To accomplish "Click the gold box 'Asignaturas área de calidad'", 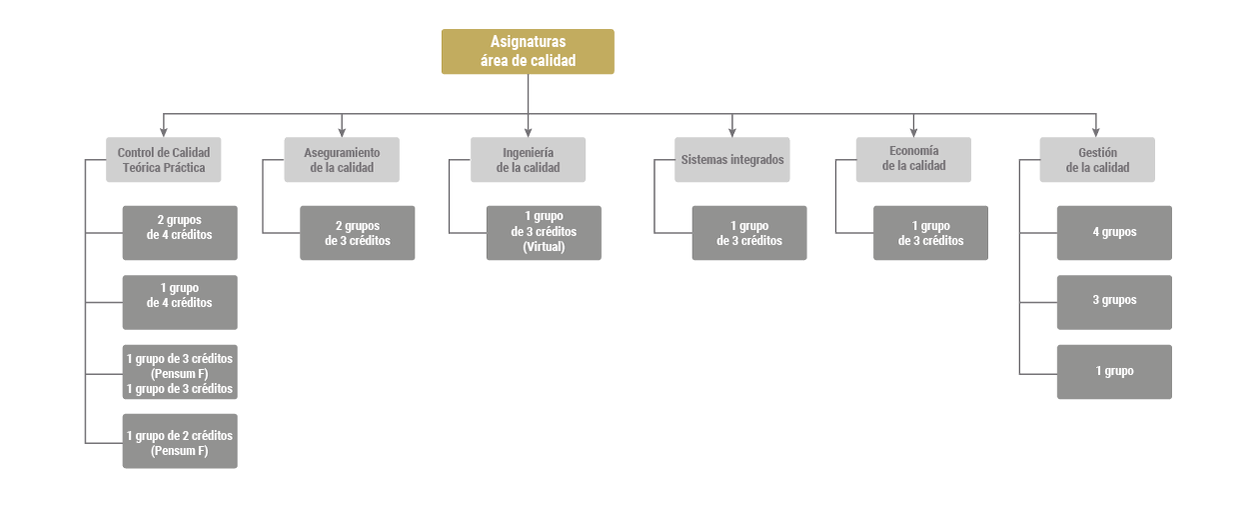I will pos(528,52).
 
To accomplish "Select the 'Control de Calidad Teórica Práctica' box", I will pos(164,160).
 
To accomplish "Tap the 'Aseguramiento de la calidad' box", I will pos(342,160).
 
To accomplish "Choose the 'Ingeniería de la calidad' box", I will pos(528,160).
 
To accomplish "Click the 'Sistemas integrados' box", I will pos(731,160).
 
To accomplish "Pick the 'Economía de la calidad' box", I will pos(913,160).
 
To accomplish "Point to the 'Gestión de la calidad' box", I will pos(1097,160).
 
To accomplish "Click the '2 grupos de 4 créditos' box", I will pos(180,233).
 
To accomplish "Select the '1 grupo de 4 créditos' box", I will pos(180,302).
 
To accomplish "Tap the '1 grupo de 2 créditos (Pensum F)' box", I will pos(180,441).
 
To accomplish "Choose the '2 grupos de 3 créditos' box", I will pos(357,233).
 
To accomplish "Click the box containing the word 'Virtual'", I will pos(544,233).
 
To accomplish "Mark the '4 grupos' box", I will pos(1114,233).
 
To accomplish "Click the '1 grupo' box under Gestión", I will pos(1114,372).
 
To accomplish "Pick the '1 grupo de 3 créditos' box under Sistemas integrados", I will pos(749,233).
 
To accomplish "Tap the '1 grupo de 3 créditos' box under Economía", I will pos(930,233).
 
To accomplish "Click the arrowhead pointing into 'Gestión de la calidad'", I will pos(1096,132).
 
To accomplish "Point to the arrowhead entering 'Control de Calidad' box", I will pos(164,132).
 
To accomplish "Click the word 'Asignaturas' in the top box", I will pos(528,42).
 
